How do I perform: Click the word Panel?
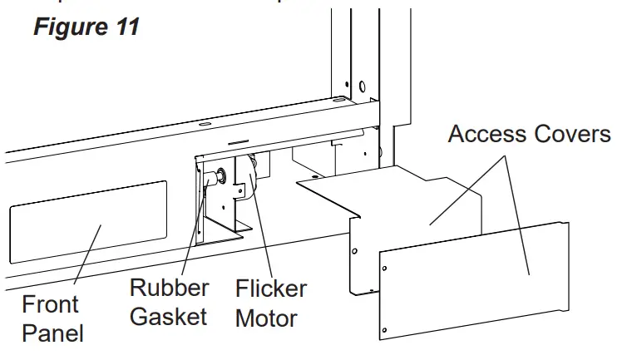click(x=52, y=334)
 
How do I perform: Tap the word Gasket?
click(x=170, y=318)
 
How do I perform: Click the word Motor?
click(x=266, y=318)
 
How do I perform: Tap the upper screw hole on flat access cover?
click(x=385, y=266)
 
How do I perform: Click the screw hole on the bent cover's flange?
click(x=355, y=249)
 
